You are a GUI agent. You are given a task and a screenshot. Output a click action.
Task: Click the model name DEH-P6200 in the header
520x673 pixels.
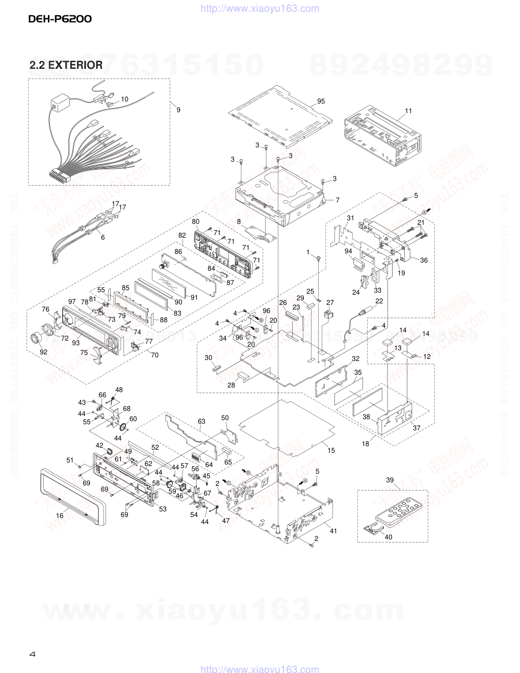click(60, 20)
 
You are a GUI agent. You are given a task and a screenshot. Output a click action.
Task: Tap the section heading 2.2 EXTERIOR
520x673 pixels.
click(66, 65)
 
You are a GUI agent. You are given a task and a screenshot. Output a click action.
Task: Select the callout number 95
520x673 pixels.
click(321, 101)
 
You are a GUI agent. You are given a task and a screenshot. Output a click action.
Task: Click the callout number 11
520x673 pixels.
click(408, 111)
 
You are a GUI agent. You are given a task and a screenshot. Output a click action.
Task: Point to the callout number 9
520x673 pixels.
click(178, 109)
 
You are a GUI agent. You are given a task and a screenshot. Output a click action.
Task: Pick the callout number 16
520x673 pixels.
click(60, 515)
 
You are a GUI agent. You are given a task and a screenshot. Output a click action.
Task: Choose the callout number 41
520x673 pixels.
click(333, 531)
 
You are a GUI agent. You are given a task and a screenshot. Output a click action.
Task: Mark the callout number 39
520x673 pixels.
click(390, 480)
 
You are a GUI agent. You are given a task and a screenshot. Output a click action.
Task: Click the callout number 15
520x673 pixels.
click(331, 450)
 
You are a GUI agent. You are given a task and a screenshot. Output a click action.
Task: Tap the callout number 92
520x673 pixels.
click(43, 352)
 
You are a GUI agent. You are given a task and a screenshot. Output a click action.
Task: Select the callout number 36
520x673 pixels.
click(424, 261)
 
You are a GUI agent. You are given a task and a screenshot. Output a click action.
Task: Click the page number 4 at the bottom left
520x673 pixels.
click(32, 654)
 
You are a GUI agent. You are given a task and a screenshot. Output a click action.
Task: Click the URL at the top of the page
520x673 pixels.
click(260, 8)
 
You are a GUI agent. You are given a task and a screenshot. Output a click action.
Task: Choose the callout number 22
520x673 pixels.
click(379, 302)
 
